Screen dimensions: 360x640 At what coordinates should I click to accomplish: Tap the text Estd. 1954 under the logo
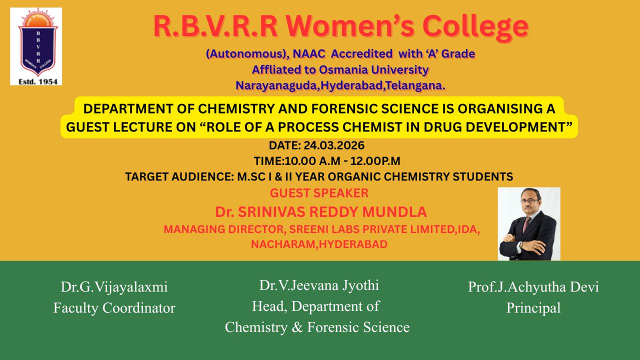pos(36,80)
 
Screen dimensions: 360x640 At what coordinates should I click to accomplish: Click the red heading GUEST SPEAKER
pos(319,192)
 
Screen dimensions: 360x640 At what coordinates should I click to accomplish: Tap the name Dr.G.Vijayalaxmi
pos(114,287)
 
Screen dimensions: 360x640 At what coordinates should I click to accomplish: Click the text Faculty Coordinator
pos(114,307)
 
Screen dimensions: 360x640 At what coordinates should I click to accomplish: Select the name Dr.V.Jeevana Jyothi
pos(318,285)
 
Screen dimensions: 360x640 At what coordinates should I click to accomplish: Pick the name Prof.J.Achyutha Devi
pos(533,287)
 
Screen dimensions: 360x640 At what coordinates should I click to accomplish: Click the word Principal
pos(533,307)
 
